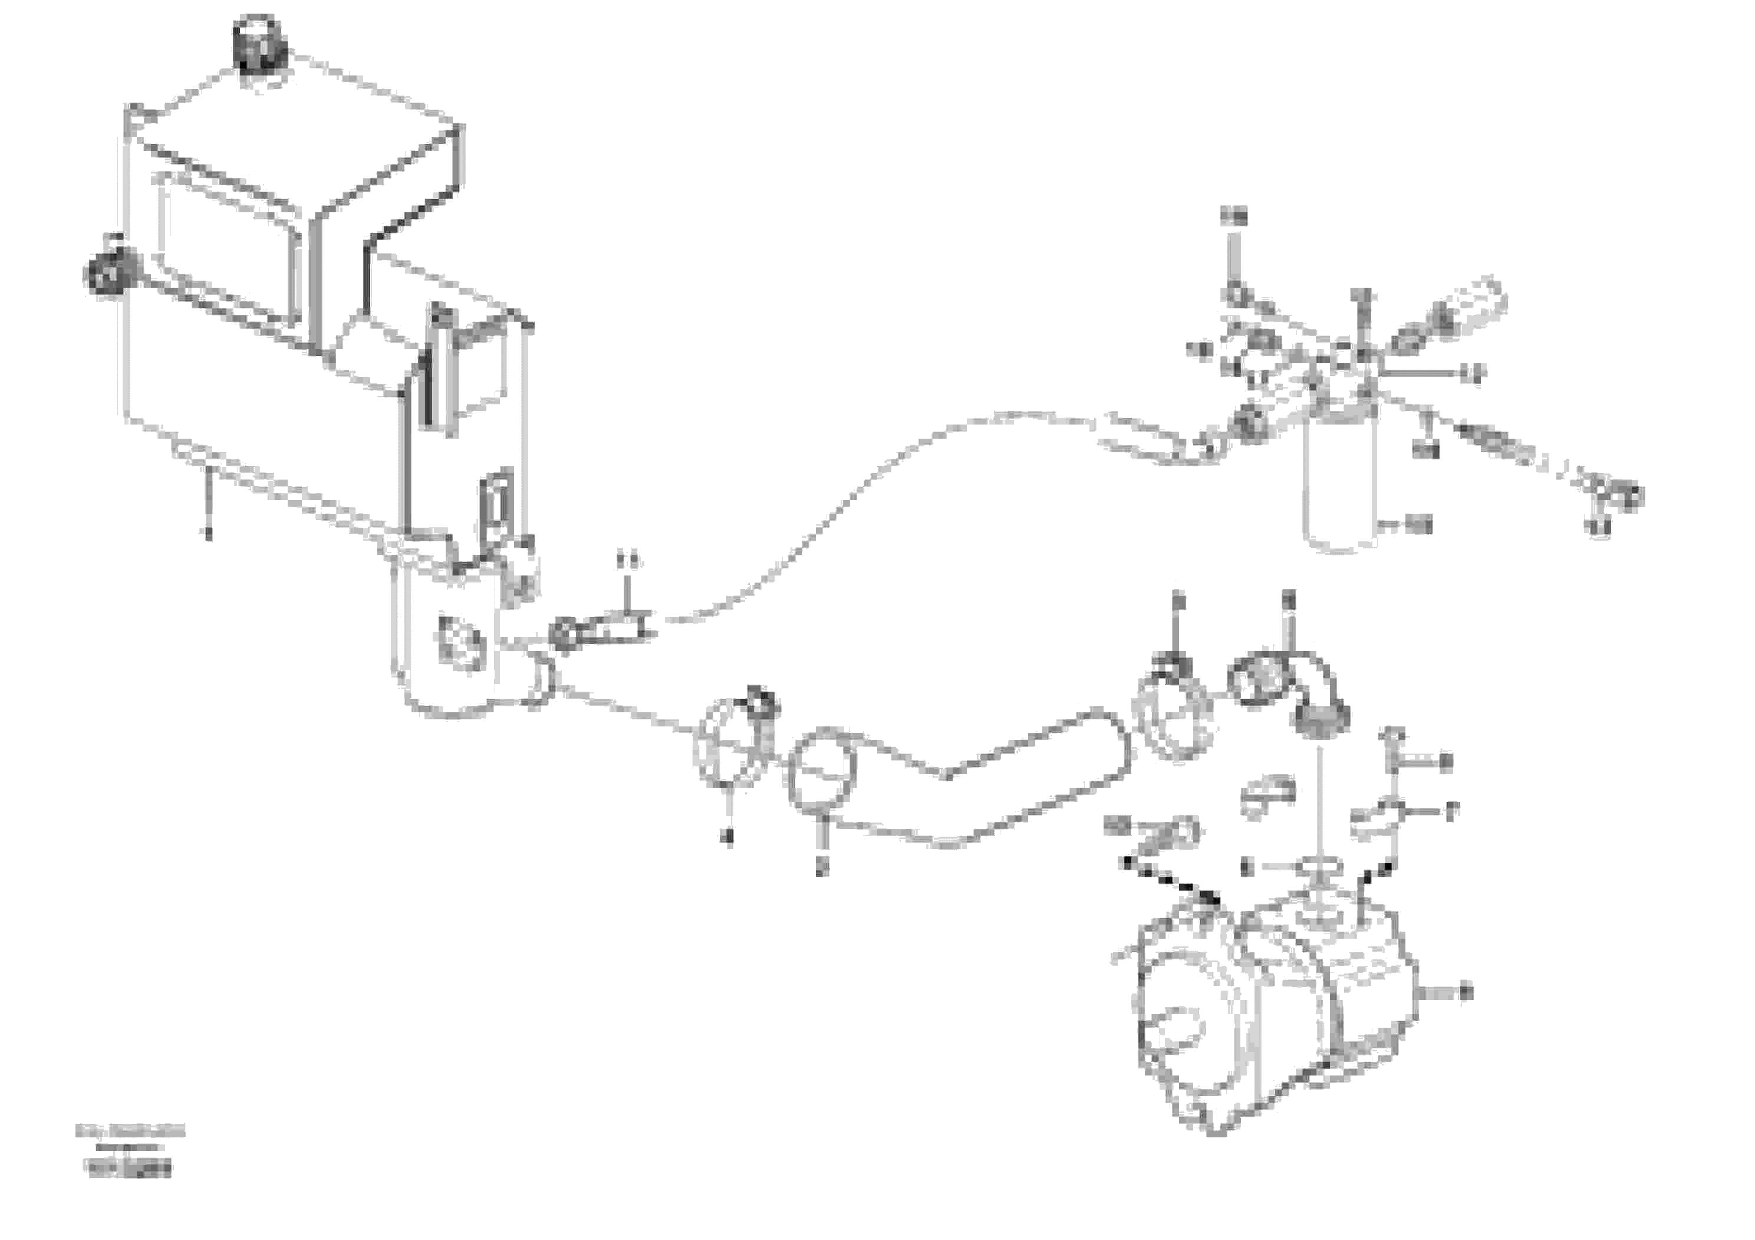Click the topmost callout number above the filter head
1233,217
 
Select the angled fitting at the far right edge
1613,495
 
